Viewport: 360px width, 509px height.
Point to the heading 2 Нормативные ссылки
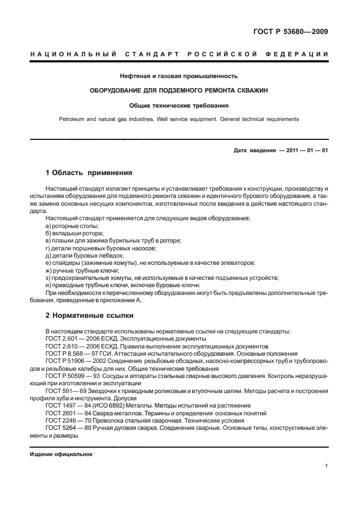[89, 316]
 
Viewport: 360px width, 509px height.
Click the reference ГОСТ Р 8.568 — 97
[79, 353]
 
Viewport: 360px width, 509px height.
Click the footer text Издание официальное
[61, 454]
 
